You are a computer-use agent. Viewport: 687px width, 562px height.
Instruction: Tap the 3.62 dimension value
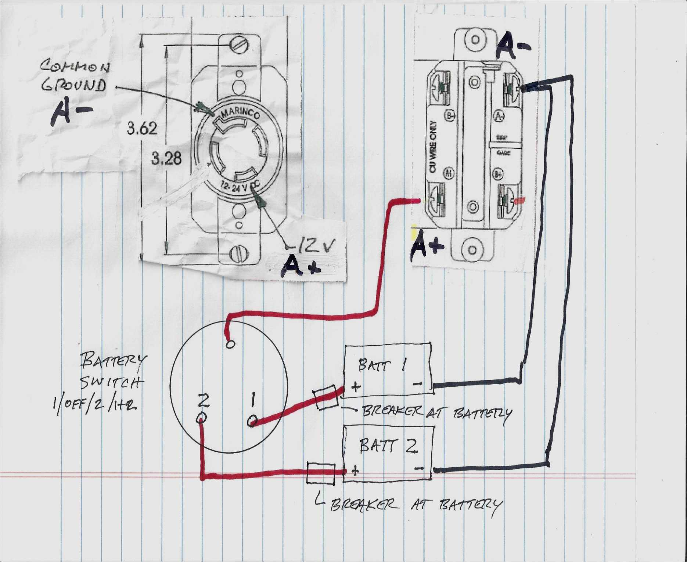click(x=142, y=129)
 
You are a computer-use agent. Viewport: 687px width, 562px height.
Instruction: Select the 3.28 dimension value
click(x=166, y=159)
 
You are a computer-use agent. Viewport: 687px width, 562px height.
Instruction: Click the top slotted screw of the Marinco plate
click(x=239, y=46)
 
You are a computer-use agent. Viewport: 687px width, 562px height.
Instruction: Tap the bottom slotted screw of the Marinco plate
click(x=239, y=254)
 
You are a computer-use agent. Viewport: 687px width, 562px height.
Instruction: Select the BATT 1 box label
click(x=382, y=365)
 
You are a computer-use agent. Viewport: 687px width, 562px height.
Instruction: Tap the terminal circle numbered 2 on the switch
click(x=202, y=418)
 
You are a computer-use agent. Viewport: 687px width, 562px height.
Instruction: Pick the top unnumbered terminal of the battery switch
click(x=230, y=344)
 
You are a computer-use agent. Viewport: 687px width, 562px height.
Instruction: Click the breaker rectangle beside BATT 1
click(x=326, y=397)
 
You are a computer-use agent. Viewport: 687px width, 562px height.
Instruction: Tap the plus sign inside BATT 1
click(x=356, y=387)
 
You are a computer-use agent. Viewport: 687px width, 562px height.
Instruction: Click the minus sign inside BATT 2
click(x=419, y=468)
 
